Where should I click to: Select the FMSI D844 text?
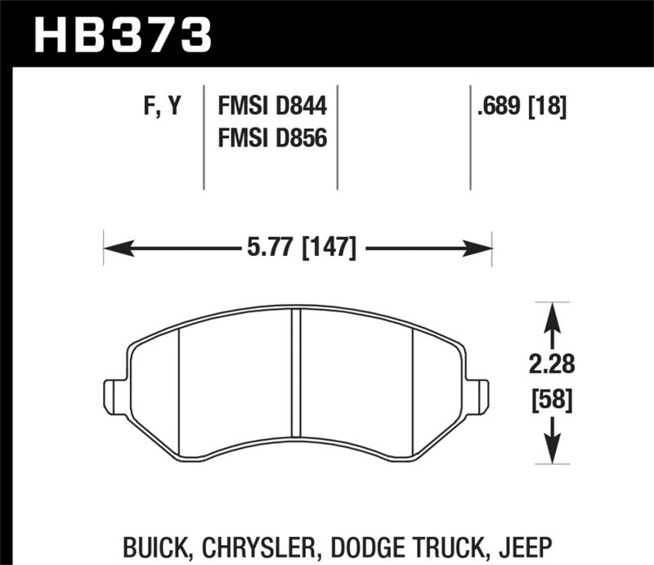(x=271, y=106)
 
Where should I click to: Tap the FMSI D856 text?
(x=271, y=139)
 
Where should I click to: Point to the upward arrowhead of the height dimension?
(x=553, y=311)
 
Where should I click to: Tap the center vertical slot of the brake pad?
(x=297, y=376)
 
